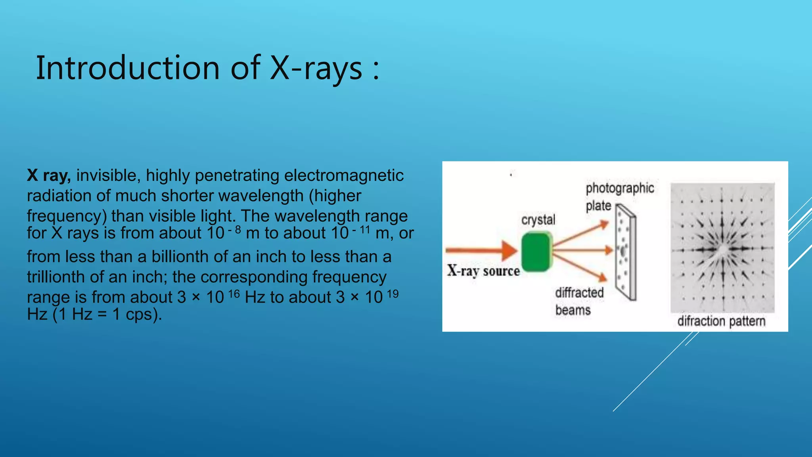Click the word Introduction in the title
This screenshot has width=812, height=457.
tap(128, 68)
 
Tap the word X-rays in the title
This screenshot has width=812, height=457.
tap(316, 68)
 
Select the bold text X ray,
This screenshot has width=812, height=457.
tap(49, 175)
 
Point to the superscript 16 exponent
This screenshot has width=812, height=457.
tap(234, 294)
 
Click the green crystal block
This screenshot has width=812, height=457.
tap(536, 252)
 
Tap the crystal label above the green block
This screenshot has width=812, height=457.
tap(538, 220)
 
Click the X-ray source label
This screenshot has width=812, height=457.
tap(483, 271)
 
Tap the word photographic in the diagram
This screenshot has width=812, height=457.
tap(620, 188)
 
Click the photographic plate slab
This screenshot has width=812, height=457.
tap(626, 254)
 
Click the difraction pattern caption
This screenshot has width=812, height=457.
tap(721, 321)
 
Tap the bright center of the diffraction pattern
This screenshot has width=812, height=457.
tap(723, 249)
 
